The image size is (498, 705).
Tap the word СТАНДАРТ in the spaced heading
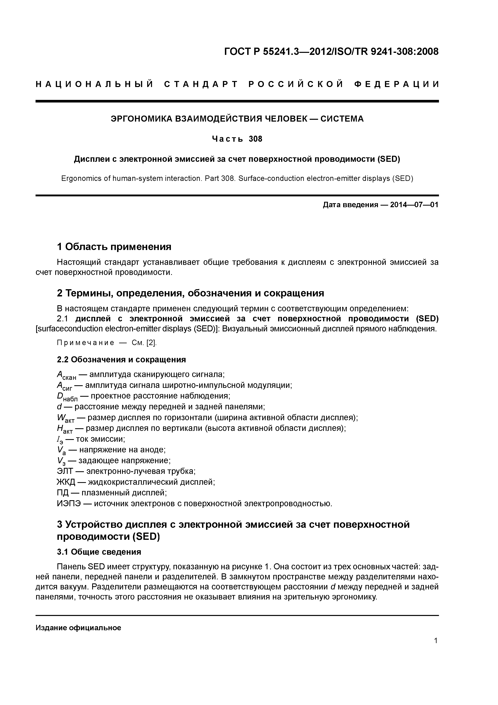pos(201,84)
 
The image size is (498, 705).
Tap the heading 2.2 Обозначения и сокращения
pos(121,360)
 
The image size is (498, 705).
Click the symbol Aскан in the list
pos(66,375)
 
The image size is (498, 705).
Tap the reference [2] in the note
pos(152,343)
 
